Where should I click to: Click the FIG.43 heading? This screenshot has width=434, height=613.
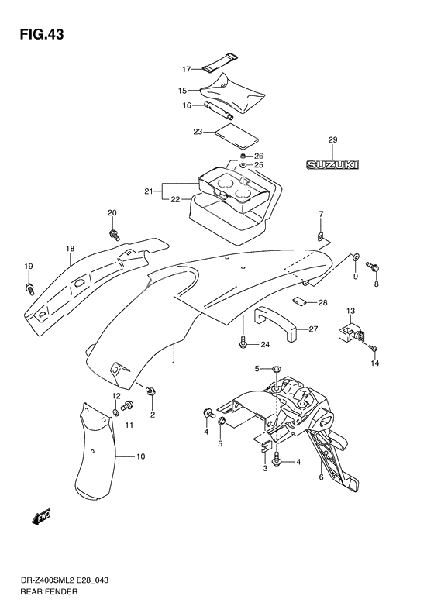click(41, 34)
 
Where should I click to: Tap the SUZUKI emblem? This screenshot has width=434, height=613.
click(332, 165)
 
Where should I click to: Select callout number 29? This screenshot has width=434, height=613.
click(332, 139)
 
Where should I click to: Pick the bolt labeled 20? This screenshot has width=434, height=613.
click(115, 235)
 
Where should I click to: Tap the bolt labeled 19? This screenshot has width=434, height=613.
click(29, 288)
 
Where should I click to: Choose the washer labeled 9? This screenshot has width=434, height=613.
click(356, 257)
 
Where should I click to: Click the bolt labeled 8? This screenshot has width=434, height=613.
click(373, 267)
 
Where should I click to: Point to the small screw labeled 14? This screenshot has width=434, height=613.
click(373, 347)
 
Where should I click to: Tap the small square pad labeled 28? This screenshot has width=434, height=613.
click(298, 301)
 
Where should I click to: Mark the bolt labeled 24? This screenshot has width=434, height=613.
click(243, 341)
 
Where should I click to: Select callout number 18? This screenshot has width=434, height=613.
click(70, 249)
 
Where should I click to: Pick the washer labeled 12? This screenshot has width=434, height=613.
click(116, 412)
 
